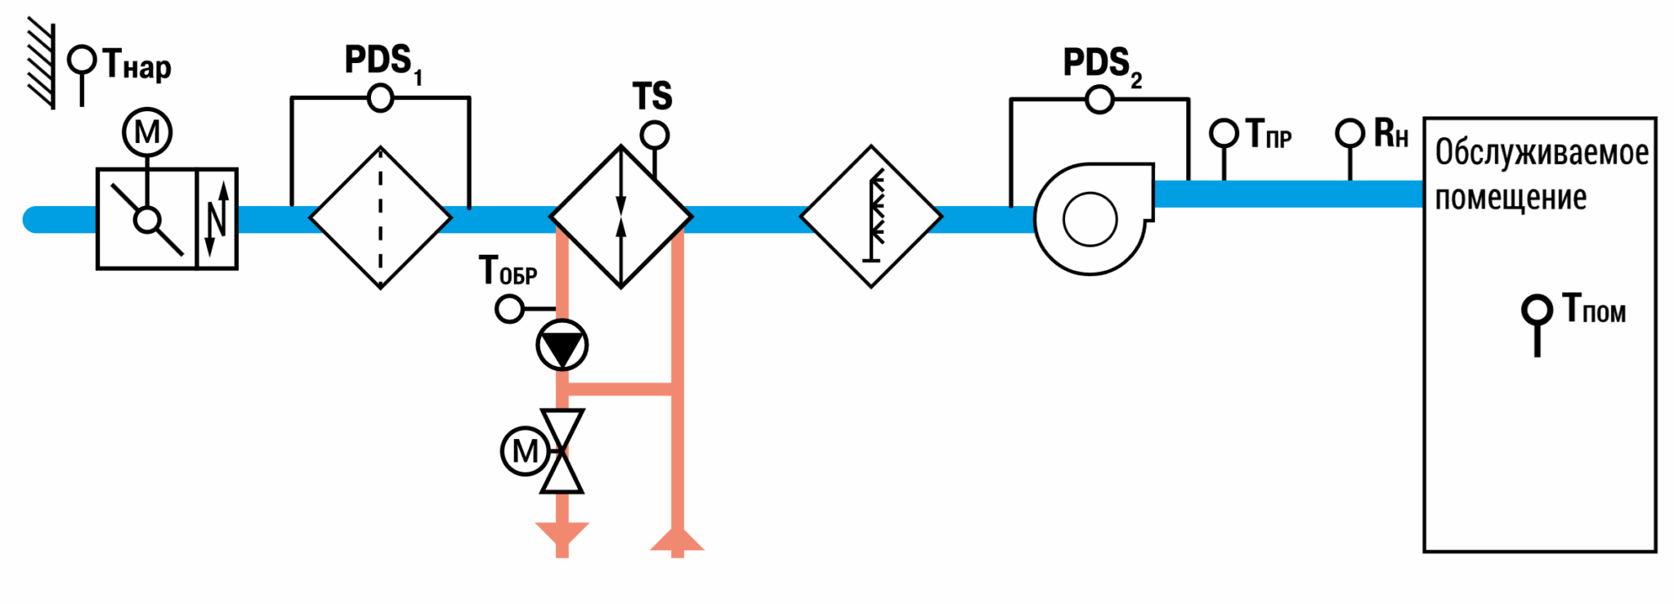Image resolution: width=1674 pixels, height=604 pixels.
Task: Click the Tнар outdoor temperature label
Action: coord(137,65)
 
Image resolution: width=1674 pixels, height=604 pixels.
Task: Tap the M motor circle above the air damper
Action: coord(147,132)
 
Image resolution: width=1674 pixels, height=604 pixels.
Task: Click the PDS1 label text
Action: coord(383,63)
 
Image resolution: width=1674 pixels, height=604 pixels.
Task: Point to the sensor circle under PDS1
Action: coord(380,99)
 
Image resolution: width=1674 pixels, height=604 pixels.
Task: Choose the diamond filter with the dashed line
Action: coord(381,217)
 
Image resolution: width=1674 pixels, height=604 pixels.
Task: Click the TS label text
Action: coord(652,96)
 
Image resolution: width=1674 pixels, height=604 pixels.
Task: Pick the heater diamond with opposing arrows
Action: coord(621,217)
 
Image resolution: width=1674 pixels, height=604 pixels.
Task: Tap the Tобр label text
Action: coord(508,270)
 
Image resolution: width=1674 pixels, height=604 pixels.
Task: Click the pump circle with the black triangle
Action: coord(562,346)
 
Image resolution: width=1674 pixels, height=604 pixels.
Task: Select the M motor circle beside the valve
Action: coord(525,450)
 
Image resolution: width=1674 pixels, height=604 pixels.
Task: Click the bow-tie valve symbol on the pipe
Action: coord(562,451)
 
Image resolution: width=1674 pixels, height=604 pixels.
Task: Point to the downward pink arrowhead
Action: coord(562,534)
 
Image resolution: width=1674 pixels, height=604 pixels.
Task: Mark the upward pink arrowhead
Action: coord(677,539)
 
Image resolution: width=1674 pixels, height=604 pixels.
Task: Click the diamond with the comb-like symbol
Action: coord(871,217)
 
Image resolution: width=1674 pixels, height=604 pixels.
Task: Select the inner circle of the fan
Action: coord(1090,219)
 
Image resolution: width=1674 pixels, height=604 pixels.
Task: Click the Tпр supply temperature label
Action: coord(1268,134)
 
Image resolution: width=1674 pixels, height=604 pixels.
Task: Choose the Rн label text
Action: coord(1391,133)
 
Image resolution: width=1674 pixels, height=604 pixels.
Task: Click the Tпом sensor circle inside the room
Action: coord(1537,310)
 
